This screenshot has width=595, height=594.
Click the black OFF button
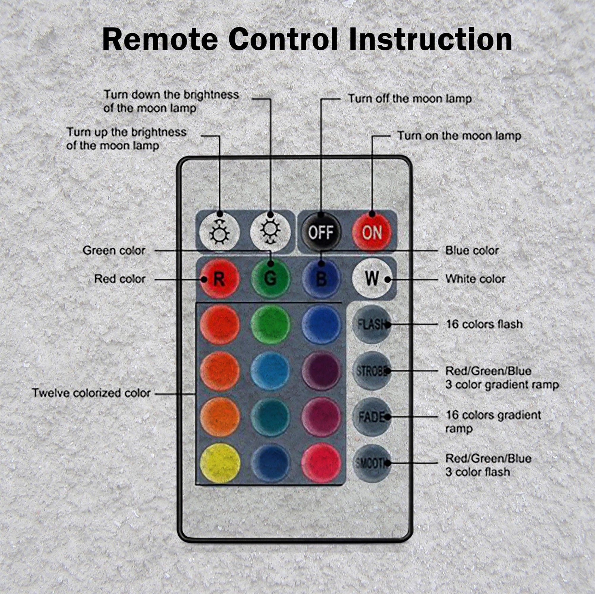(321, 232)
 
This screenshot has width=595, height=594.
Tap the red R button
(219, 279)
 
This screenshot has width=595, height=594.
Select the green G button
(270, 279)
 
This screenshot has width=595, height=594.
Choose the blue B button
(321, 279)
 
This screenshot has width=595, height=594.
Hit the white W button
(372, 279)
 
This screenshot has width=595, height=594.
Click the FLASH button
(372, 324)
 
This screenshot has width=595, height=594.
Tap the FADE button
(372, 417)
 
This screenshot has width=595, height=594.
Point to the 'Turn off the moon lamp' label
(410, 99)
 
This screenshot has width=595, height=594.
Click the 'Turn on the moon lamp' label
(459, 136)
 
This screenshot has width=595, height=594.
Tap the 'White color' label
(475, 279)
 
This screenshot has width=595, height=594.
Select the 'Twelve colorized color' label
(91, 393)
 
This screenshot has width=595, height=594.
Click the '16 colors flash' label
(484, 324)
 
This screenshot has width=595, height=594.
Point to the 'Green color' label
(114, 251)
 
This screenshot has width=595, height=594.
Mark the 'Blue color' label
(472, 251)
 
